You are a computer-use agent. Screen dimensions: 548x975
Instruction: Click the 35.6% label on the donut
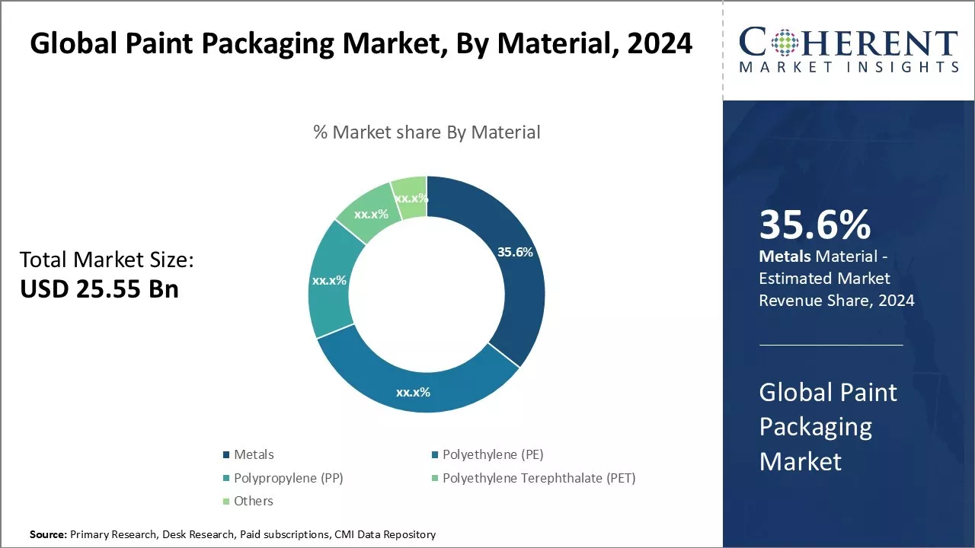click(515, 252)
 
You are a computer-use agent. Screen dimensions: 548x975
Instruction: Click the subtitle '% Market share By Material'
click(427, 132)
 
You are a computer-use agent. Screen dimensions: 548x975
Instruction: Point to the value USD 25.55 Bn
click(99, 288)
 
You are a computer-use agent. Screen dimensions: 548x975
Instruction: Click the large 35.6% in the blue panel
click(815, 225)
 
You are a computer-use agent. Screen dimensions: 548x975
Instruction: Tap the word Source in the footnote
click(47, 534)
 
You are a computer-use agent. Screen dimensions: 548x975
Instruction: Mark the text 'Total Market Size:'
click(107, 260)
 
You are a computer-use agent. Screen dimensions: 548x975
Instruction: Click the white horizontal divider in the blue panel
click(831, 345)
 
